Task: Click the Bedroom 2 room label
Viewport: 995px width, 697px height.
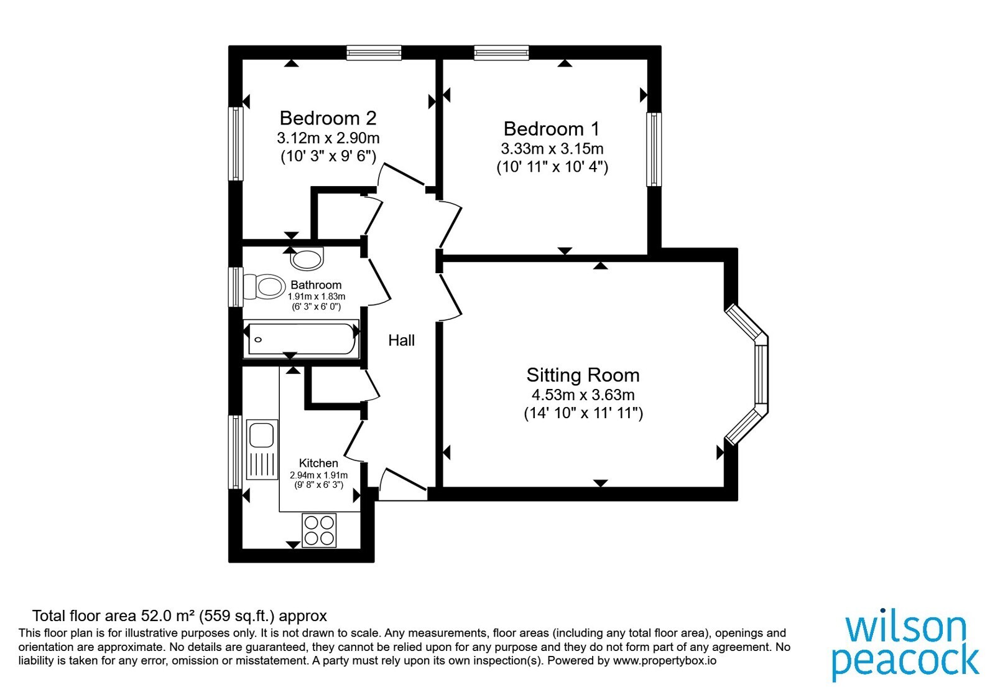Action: [x=328, y=118]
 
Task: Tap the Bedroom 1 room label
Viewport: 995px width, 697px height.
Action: [x=551, y=129]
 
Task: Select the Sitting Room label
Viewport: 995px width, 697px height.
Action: [x=583, y=375]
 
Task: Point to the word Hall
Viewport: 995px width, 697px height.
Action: [x=401, y=340]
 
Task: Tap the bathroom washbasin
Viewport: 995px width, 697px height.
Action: [x=307, y=259]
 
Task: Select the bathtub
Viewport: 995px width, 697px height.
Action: [x=301, y=339]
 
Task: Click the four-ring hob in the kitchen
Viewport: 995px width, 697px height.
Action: [x=319, y=530]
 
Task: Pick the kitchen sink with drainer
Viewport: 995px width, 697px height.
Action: [x=262, y=449]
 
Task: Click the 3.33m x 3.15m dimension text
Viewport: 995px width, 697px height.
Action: [x=552, y=149]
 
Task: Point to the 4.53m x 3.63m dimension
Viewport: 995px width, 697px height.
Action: [x=583, y=395]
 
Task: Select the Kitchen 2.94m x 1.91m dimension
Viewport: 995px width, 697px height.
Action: [x=318, y=475]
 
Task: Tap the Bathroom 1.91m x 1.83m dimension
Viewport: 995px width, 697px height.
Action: [x=317, y=296]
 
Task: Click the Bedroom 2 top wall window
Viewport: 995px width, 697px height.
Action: [x=374, y=52]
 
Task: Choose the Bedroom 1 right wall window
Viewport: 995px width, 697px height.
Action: [x=654, y=149]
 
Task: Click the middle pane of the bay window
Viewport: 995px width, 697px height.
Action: [x=761, y=374]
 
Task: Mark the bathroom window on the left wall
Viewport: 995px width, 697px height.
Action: [x=236, y=287]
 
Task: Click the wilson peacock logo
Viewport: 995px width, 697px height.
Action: [x=905, y=647]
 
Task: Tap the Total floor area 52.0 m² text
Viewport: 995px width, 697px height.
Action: [x=180, y=616]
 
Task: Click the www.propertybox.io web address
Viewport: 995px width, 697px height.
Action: [x=665, y=661]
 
